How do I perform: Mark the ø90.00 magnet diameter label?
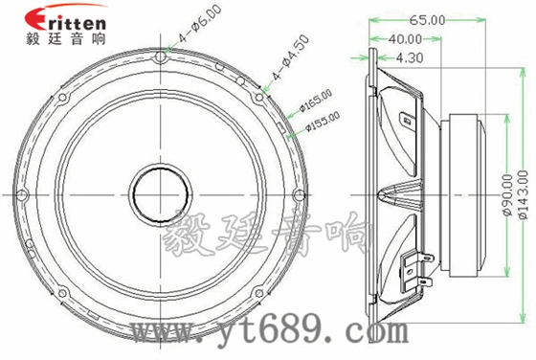(x=507, y=191)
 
